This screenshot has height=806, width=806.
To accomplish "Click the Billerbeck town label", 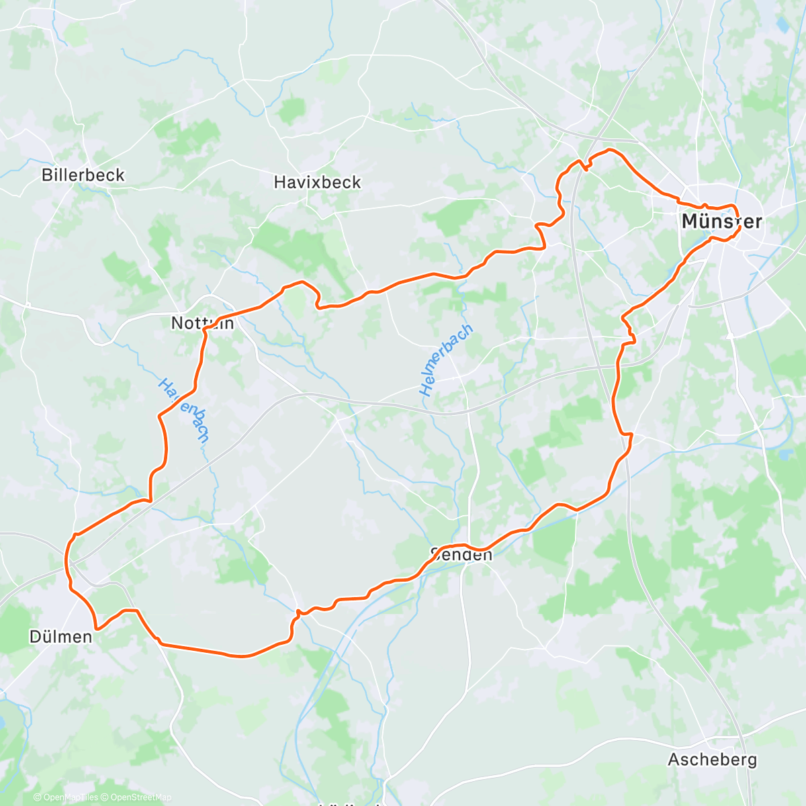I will pyautogui.click(x=83, y=175).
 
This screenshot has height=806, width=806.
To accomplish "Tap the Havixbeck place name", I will pyautogui.click(x=317, y=182).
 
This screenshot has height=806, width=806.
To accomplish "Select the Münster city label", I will pyautogui.click(x=721, y=222).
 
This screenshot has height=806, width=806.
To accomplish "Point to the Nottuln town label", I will pyautogui.click(x=202, y=323).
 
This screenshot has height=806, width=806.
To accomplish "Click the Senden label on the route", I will pyautogui.click(x=461, y=555).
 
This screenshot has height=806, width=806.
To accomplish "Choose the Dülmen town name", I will pyautogui.click(x=60, y=637).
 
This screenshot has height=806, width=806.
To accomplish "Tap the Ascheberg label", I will pyautogui.click(x=712, y=760).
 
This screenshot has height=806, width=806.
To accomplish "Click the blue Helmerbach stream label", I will pyautogui.click(x=446, y=359).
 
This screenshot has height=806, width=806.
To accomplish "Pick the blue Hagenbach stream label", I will pyautogui.click(x=183, y=410).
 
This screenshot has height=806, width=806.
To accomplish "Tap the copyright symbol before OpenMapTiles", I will pyautogui.click(x=38, y=797).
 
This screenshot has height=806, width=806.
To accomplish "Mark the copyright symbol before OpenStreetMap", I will pyautogui.click(x=105, y=797).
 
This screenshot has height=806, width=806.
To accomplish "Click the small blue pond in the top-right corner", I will pyautogui.click(x=781, y=26).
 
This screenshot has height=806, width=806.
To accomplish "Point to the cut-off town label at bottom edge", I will pyautogui.click(x=349, y=803).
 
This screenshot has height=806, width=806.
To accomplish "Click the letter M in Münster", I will pyautogui.click(x=689, y=222).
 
